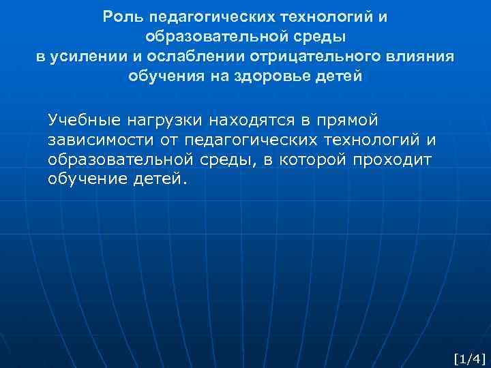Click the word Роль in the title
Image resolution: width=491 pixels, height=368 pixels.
pyautogui.click(x=120, y=16)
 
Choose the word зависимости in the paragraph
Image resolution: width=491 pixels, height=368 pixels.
pyautogui.click(x=93, y=140)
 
